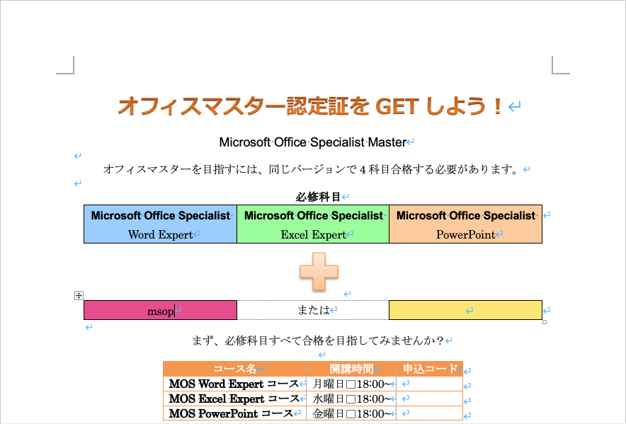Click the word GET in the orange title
pos(397,106)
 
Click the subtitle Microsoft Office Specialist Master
pos(313,142)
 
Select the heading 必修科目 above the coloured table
pos(318,197)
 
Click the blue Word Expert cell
pos(161,224)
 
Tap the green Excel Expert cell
pos(313,224)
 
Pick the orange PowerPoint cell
pos(465,224)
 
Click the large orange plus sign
pos(319,272)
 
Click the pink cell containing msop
pos(161,310)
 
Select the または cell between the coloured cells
pos(313,310)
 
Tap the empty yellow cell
pos(465,310)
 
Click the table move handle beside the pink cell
pos(79,295)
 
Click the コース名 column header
pos(235,369)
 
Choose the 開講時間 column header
pos(351,369)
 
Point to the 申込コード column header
pos(430,369)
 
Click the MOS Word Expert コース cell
pos(235,384)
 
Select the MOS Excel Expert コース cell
pos(235,399)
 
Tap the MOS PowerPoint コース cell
pos(235,413)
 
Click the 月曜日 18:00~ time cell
pos(351,384)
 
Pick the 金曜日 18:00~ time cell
pos(351,413)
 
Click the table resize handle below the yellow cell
pos(545,322)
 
